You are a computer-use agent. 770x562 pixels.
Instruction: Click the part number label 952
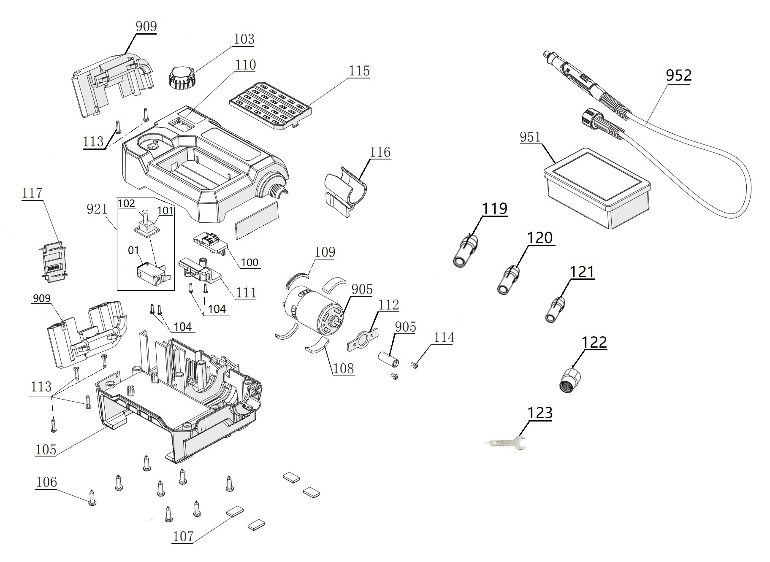[678, 76]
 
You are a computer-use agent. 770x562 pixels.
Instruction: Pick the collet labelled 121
[555, 310]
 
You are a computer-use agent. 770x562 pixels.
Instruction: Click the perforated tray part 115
[271, 106]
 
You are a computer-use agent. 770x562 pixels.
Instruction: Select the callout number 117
[32, 193]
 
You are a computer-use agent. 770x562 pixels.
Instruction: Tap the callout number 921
[97, 209]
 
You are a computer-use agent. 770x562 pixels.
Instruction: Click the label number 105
[46, 449]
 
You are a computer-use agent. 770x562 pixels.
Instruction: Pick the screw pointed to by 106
[92, 497]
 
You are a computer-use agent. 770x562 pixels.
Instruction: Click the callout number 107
[183, 536]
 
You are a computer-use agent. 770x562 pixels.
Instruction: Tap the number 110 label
[246, 65]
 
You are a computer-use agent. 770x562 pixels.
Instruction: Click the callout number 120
[540, 238]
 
